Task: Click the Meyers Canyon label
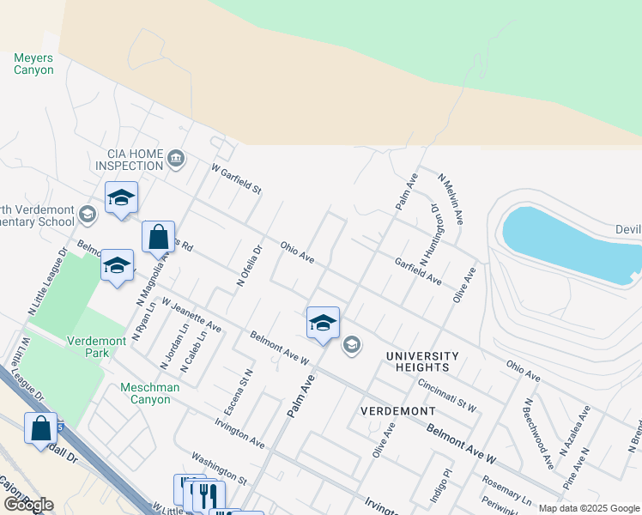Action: (33, 64)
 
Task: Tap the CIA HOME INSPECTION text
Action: (129, 160)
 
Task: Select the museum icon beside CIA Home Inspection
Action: (176, 157)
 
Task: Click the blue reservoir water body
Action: (566, 245)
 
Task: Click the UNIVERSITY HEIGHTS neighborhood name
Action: (422, 361)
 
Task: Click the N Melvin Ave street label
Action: (451, 199)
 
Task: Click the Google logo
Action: (28, 505)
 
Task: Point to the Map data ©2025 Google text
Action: (589, 508)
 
